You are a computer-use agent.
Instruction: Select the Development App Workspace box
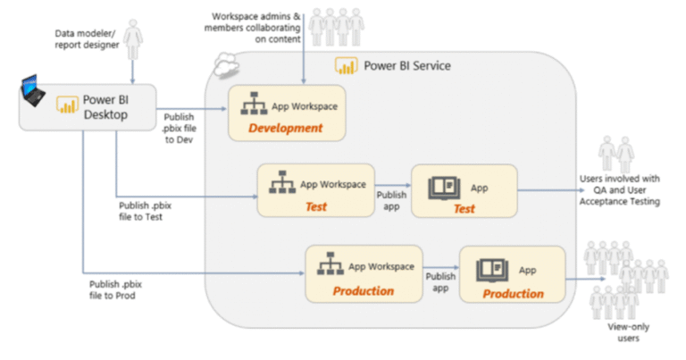[286, 114]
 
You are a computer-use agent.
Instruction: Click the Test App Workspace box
[315, 190]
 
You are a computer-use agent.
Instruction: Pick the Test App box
[464, 190]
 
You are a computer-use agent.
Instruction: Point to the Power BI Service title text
[406, 66]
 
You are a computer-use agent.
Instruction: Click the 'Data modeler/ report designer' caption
[85, 38]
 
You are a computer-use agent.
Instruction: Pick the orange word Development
[286, 129]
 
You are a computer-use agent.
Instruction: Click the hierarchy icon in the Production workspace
[331, 266]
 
